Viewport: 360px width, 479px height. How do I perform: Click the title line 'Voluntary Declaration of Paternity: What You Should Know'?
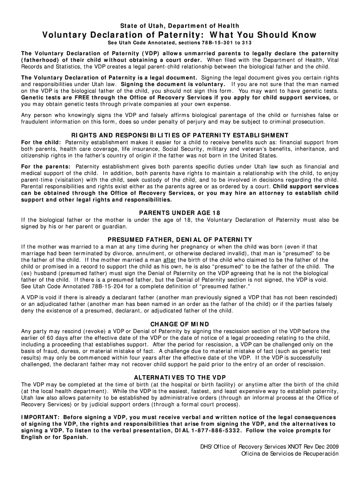180,35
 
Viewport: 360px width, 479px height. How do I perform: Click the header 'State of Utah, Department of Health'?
180,25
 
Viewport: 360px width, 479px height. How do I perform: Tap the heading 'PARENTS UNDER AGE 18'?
180,213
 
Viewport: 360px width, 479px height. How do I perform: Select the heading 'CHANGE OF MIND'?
180,324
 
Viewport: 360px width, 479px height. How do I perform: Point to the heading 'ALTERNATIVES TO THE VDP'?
180,377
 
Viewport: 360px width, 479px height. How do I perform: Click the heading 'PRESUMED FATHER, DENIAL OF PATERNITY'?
180,239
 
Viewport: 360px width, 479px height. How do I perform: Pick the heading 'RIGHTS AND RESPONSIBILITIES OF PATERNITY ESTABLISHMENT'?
180,135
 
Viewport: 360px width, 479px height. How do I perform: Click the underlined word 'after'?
169,260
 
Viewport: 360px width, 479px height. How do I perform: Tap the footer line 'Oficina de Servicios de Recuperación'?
289,454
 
